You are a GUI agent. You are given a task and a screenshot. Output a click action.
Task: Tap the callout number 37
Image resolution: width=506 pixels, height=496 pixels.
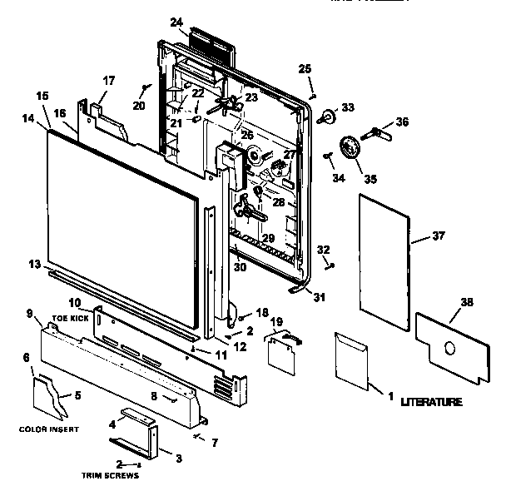(x=439, y=236)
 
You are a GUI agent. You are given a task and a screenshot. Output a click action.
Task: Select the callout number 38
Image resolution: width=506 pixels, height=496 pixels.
(x=467, y=303)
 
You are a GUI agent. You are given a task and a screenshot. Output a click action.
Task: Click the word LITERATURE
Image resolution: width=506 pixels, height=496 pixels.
(x=430, y=402)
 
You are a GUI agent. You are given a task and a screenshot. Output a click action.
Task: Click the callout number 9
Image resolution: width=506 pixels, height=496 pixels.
(x=30, y=314)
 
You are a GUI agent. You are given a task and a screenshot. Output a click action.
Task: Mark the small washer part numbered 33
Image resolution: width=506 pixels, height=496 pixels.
(x=325, y=116)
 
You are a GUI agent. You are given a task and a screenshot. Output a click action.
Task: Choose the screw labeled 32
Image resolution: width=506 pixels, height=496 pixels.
(x=330, y=265)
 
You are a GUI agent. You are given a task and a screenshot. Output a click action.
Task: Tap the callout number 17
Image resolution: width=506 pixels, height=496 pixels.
(x=109, y=81)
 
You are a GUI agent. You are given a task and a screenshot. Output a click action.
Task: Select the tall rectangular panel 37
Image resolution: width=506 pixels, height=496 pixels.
(x=384, y=258)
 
